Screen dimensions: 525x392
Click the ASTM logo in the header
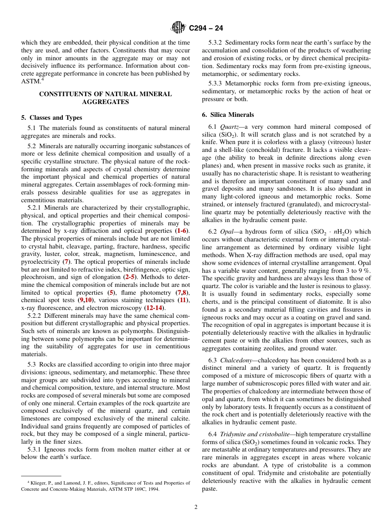[x=178, y=28]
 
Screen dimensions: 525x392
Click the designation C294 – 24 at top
[x=206, y=28]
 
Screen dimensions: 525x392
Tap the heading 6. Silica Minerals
[x=228, y=115]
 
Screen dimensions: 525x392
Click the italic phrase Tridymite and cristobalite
[x=258, y=434]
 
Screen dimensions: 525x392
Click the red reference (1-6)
[x=181, y=231]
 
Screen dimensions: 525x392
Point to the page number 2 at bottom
[x=196, y=507]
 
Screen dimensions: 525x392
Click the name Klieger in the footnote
[x=38, y=483]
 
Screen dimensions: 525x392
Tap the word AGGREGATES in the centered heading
[x=105, y=102]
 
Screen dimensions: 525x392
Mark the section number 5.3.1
[x=35, y=449]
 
